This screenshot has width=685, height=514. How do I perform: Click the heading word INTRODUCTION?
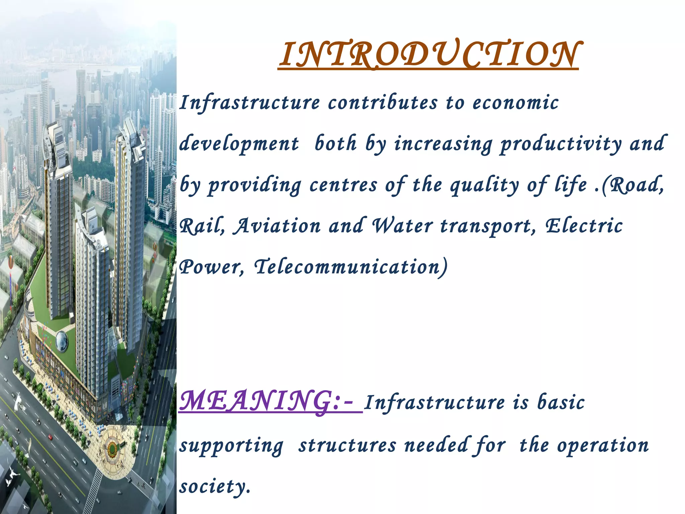click(429, 55)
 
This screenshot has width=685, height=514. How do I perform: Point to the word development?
click(239, 144)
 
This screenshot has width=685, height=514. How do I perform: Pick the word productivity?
click(561, 144)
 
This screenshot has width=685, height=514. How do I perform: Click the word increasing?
click(443, 144)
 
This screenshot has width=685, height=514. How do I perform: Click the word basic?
click(561, 402)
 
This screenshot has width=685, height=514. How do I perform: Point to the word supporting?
click(231, 446)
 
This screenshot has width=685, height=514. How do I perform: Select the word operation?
click(602, 445)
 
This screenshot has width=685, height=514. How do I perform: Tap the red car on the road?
click(51, 437)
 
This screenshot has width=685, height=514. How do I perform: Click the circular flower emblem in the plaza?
click(113, 446)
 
